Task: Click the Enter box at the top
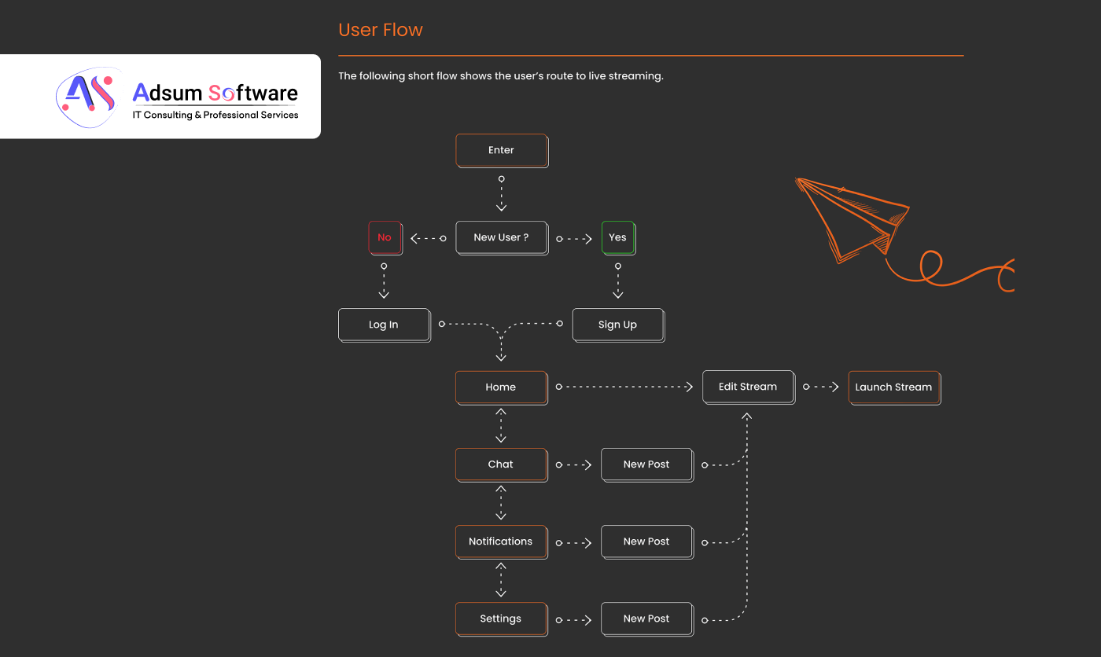pos(501,150)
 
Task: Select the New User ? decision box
pos(501,237)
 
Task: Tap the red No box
pos(385,237)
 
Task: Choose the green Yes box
pos(618,237)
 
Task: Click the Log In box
pos(384,325)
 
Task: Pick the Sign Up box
pos(617,325)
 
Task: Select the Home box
pos(501,387)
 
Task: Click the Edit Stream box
pos(748,387)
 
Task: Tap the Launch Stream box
pos(893,387)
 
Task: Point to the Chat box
pos(501,464)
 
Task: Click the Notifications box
pos(501,541)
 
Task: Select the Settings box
pos(501,618)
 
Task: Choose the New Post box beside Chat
pos(646,464)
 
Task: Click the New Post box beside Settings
pos(646,618)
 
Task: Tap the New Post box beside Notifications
pos(646,541)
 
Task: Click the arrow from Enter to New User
pos(501,194)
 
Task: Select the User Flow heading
pos(381,30)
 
